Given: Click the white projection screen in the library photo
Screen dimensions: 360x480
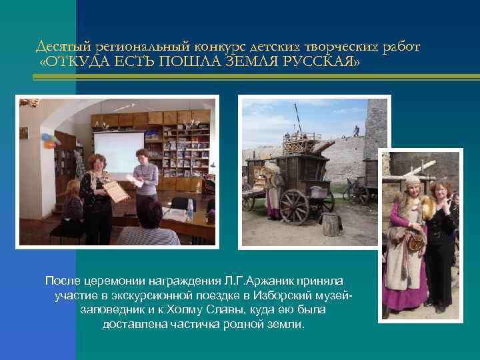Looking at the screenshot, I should point(118,151).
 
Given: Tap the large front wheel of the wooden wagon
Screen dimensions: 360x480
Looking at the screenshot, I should point(294,205).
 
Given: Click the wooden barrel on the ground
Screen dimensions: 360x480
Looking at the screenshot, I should point(331,225).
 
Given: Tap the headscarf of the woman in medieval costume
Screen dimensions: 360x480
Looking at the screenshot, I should point(412,182).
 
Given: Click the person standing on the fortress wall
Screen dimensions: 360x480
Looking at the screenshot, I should point(355,130).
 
